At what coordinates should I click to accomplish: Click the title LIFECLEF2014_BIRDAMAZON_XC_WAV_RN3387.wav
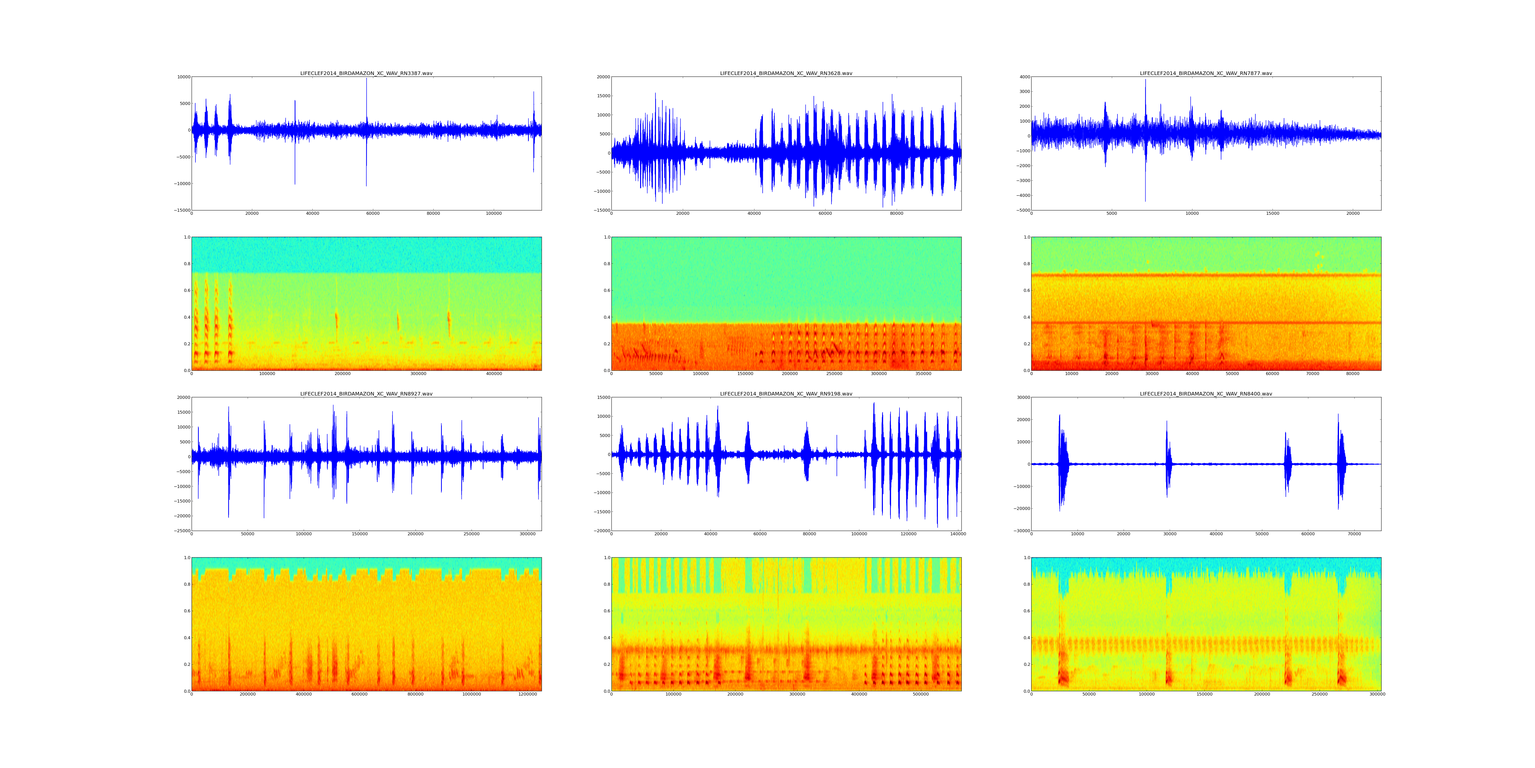click(x=366, y=73)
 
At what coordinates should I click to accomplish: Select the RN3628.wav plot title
click(x=786, y=73)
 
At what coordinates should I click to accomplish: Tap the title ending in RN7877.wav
click(x=1205, y=73)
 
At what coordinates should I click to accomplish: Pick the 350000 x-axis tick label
click(x=923, y=374)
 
